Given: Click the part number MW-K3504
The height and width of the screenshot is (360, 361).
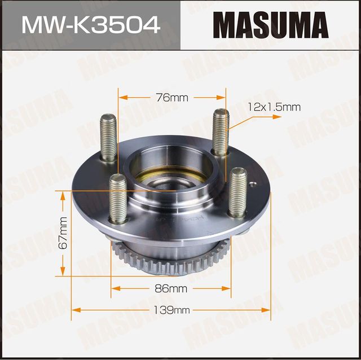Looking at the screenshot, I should (x=90, y=25).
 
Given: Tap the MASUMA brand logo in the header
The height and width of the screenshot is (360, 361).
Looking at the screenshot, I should (x=271, y=25).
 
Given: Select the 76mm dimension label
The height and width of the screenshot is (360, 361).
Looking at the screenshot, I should (x=171, y=98).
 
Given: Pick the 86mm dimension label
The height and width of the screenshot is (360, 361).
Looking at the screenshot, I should (x=171, y=289).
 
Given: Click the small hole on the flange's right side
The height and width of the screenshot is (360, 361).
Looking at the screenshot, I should (x=253, y=182).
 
